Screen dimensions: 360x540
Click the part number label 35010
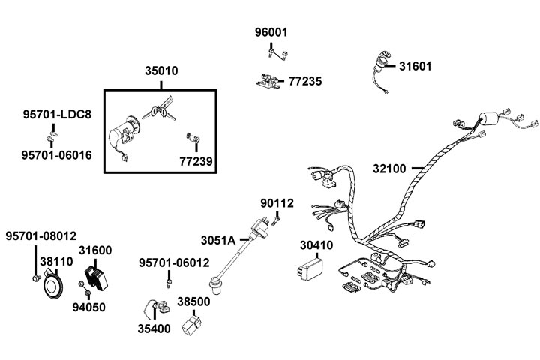pos(161,72)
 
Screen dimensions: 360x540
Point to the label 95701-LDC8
pos(55,115)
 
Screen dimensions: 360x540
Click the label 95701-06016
pos(57,154)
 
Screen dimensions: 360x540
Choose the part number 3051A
pos(217,240)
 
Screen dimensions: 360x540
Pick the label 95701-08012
pos(41,235)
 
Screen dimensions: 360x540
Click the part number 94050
pos(88,307)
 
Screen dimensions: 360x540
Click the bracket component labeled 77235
pos(269,80)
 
